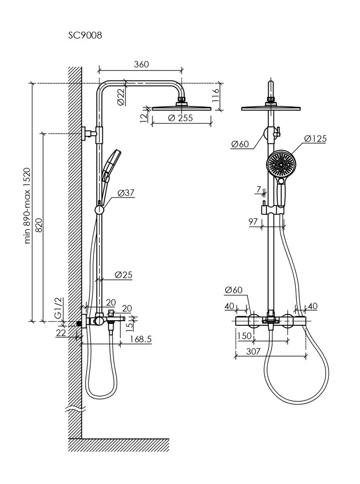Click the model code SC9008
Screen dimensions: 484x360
tap(86, 35)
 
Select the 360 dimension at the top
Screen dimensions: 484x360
tap(141, 65)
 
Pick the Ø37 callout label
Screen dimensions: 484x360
tap(127, 192)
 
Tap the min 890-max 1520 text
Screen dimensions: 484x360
tap(27, 205)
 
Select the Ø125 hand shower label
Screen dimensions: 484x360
tap(316, 139)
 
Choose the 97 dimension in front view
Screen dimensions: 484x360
tap(253, 222)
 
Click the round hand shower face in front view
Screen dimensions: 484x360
tap(281, 164)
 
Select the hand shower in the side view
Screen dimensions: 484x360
tap(111, 166)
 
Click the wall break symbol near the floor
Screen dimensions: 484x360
tap(74, 410)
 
